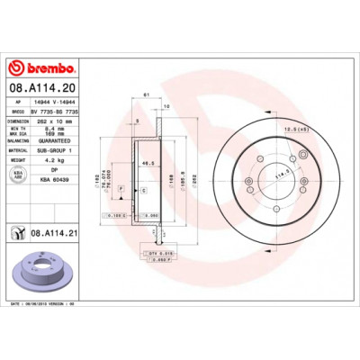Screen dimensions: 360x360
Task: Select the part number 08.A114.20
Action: [x=45, y=88]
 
